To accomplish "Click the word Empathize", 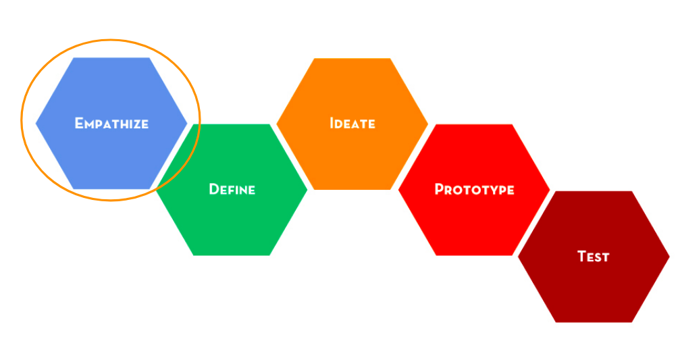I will (x=111, y=124).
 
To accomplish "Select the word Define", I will (x=232, y=189).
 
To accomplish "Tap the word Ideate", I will (x=352, y=124).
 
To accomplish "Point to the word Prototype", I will (x=474, y=189).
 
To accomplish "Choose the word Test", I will (x=594, y=257).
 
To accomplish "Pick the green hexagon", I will (x=232, y=223).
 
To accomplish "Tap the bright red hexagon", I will (x=474, y=223).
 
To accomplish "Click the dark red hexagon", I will (x=594, y=290).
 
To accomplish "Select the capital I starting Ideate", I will (x=332, y=124).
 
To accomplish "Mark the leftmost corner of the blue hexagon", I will (x=36, y=123).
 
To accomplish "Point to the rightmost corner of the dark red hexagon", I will (x=669, y=257).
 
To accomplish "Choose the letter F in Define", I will (x=231, y=190).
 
